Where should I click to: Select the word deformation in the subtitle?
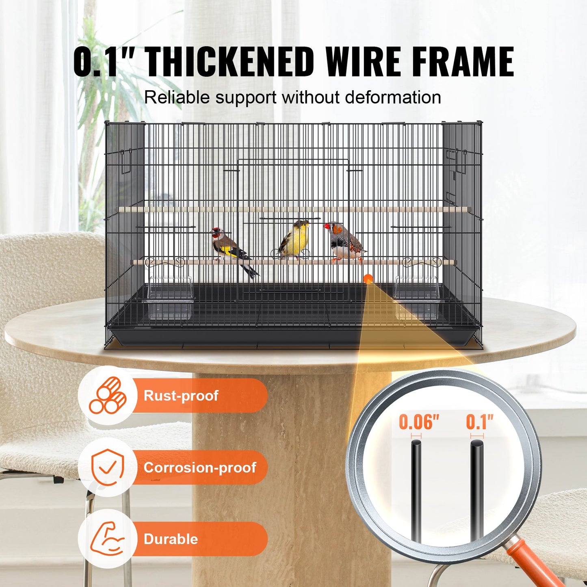393,97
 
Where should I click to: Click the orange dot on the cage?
368,279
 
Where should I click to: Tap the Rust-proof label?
181,395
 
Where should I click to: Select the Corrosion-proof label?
199,467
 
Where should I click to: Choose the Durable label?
171,539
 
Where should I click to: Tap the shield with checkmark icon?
107,467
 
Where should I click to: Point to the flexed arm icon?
107,539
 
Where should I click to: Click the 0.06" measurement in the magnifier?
419,422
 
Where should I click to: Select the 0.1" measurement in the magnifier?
479,422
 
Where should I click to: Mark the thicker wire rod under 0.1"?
477,487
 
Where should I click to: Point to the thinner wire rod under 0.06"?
416,487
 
